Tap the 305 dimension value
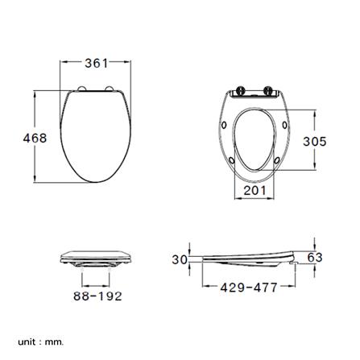(x=315, y=141)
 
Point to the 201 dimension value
(x=254, y=190)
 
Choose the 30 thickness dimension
(x=180, y=259)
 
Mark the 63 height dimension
(x=315, y=258)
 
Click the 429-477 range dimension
(x=248, y=287)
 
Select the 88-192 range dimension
(x=97, y=296)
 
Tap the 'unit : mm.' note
(x=39, y=341)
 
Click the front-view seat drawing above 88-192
(x=96, y=259)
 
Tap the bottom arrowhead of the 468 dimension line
(x=35, y=181)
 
